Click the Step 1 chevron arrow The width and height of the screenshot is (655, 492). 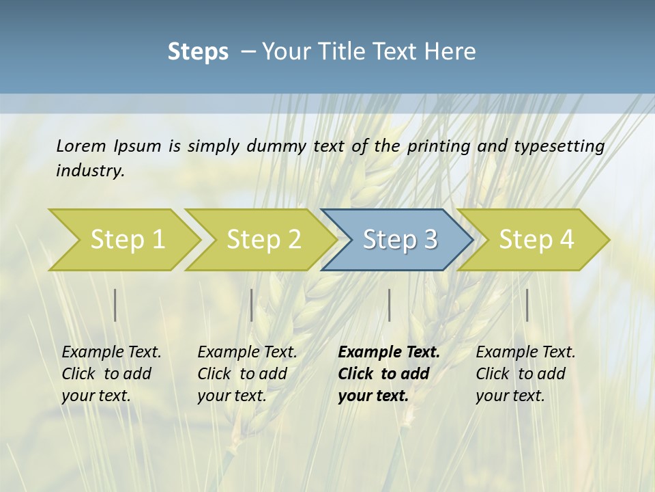click(x=127, y=240)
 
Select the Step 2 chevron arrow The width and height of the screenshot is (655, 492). click(x=263, y=240)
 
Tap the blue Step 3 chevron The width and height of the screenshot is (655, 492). click(x=400, y=240)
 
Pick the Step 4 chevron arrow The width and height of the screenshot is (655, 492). click(x=536, y=240)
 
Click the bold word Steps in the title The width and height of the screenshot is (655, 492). click(x=198, y=52)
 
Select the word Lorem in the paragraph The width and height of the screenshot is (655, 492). click(x=81, y=146)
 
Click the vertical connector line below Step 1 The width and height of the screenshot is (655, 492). click(x=115, y=305)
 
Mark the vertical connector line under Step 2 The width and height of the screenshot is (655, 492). click(x=252, y=305)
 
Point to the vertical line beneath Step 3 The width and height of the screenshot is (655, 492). click(x=389, y=305)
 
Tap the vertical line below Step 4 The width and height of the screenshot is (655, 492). click(x=527, y=305)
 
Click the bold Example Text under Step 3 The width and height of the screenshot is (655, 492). click(x=389, y=353)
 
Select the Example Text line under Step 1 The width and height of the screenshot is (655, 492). click(x=111, y=353)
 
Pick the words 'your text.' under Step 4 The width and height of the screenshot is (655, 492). click(x=510, y=396)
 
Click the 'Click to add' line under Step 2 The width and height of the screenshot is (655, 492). click(x=242, y=374)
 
